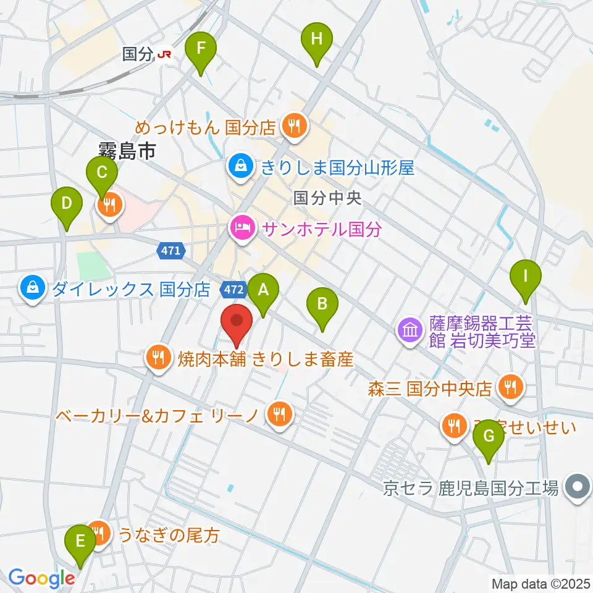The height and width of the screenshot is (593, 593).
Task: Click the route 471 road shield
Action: pos(170,251)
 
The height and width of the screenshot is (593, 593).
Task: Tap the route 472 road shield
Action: pos(234,288)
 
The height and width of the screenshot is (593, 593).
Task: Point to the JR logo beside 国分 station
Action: pos(164,54)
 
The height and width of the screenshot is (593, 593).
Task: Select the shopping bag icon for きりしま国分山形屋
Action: pos(238,166)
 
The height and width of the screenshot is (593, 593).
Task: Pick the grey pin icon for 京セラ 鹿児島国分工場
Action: pos(577,488)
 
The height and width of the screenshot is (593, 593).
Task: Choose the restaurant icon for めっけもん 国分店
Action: pos(292,127)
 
